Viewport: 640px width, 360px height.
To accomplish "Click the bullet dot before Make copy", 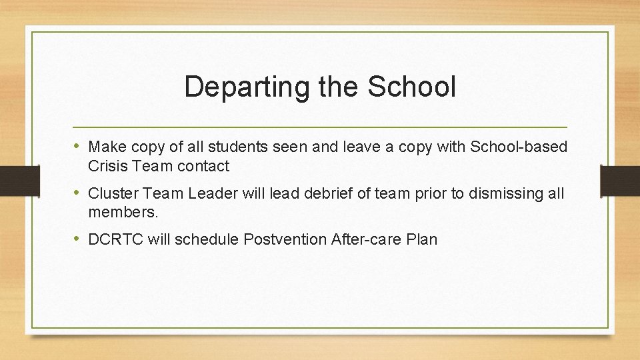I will (x=78, y=146).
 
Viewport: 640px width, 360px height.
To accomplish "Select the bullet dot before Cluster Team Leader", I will (x=78, y=193).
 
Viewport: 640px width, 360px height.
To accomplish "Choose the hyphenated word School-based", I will (x=519, y=147).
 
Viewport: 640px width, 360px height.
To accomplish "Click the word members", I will (x=123, y=213).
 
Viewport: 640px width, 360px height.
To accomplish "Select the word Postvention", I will (x=285, y=240).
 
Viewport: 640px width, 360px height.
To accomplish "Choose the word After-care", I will (x=365, y=240).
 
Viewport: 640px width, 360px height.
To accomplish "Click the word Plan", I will (x=422, y=240).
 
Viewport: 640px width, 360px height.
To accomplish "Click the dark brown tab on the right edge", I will (x=621, y=179).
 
